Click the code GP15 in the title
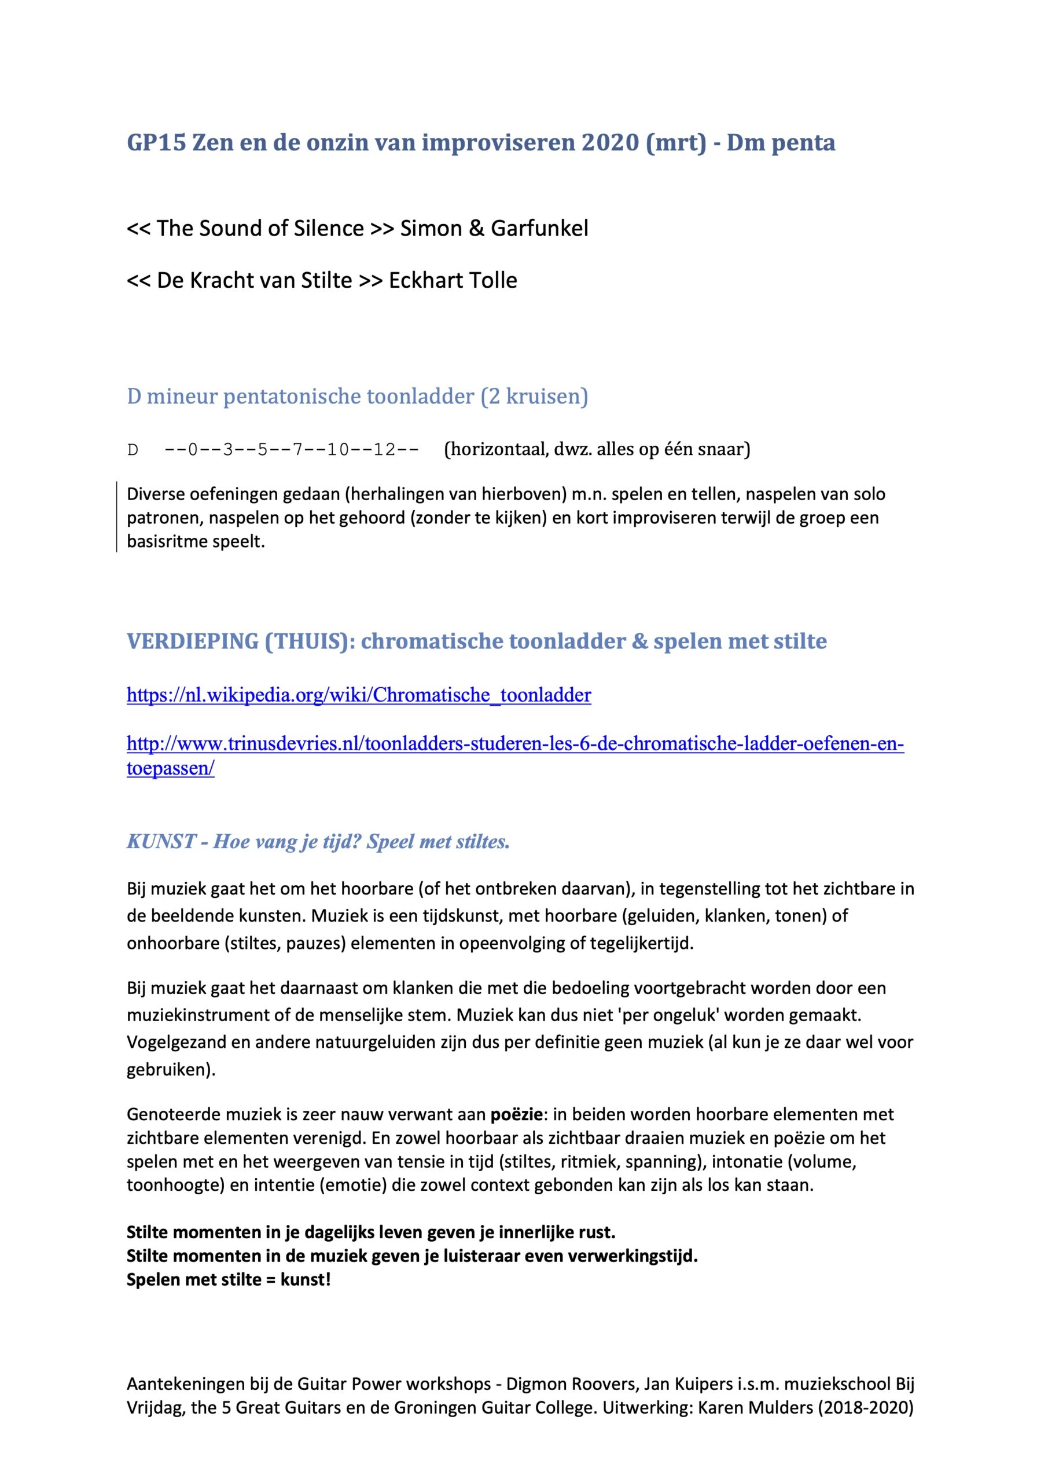click(156, 142)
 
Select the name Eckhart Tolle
click(453, 280)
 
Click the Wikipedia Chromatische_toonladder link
click(359, 695)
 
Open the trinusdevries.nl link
click(515, 744)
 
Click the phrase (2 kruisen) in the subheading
click(534, 395)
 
